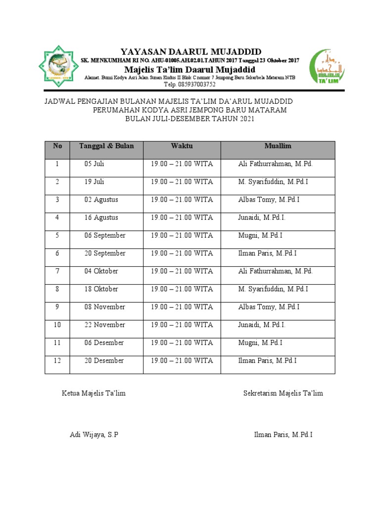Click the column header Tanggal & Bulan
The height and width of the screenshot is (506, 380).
[106, 146]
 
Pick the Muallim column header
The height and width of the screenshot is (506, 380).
[278, 146]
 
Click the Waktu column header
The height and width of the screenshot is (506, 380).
[182, 146]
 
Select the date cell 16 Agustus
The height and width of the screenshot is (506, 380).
[101, 217]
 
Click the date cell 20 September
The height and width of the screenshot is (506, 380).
[105, 253]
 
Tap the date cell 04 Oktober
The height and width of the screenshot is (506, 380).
[101, 271]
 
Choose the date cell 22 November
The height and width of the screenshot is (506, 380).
[104, 325]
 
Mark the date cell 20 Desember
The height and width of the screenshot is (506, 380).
[104, 361]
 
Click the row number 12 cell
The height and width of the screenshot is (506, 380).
[57, 361]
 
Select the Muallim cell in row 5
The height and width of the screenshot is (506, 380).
[260, 236]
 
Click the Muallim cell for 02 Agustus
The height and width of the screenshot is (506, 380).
[269, 200]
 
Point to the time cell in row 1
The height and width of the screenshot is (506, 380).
[182, 164]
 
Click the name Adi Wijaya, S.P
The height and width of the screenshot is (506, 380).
[94, 435]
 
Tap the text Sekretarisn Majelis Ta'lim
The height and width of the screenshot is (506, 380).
[283, 393]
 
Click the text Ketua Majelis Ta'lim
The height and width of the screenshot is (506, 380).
[94, 393]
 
